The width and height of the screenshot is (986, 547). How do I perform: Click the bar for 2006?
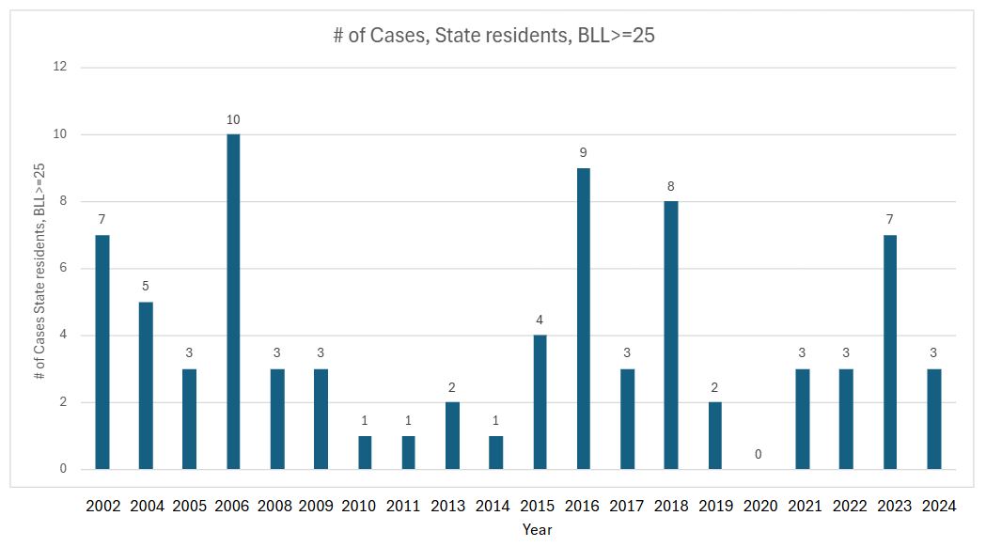(233, 302)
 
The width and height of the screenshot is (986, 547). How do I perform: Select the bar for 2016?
(583, 319)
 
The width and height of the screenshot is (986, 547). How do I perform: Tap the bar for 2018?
(671, 336)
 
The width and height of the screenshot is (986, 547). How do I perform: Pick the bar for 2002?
(102, 352)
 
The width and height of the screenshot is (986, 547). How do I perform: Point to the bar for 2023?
(889, 352)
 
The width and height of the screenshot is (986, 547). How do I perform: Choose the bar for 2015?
(540, 402)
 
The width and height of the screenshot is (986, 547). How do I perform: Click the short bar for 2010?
(365, 453)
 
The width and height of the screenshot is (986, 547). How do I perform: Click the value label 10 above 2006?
(233, 119)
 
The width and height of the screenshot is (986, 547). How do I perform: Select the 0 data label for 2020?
(758, 455)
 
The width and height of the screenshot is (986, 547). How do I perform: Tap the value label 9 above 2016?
(583, 153)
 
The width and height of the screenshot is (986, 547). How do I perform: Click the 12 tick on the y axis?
(61, 68)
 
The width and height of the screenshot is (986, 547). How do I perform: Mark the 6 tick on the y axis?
(64, 269)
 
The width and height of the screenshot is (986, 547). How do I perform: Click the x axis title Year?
(538, 529)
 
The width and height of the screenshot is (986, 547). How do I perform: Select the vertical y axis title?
(39, 270)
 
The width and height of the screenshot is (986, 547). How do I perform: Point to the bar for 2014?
(495, 453)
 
